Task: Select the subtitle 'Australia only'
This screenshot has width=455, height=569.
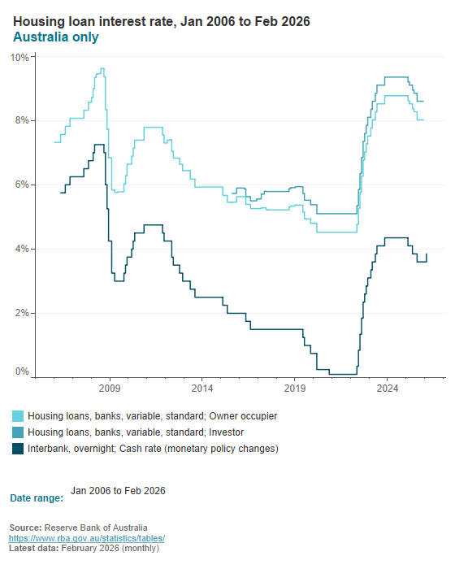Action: point(56,37)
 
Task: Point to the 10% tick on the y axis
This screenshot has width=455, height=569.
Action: point(19,58)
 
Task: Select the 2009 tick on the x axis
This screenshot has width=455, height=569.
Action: point(110,388)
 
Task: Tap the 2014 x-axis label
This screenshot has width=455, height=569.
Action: point(202,388)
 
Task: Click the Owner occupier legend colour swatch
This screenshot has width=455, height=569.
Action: point(18,416)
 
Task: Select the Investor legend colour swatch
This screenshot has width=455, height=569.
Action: point(18,432)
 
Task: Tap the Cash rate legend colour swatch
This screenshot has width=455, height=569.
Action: point(18,449)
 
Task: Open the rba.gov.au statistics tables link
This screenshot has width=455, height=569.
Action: point(87,538)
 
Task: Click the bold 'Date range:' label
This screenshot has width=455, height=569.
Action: point(37,497)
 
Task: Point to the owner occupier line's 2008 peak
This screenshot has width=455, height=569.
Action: point(102,69)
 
